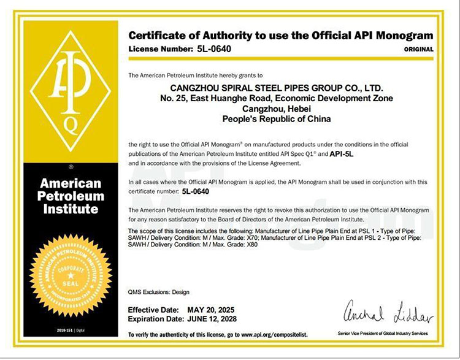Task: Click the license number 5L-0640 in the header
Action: [x=215, y=48]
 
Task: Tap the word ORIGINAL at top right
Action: [x=419, y=49]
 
